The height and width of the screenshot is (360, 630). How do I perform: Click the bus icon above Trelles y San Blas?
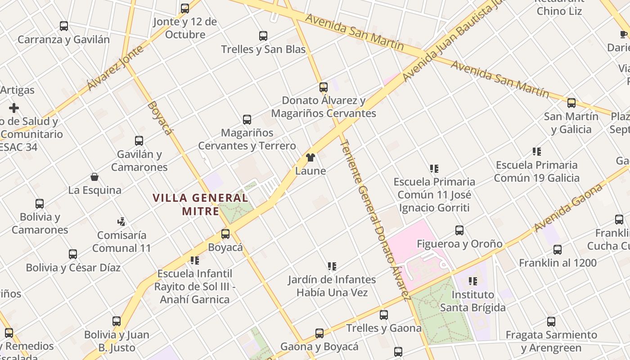pyautogui.click(x=263, y=36)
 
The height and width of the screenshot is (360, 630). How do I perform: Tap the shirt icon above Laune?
pyautogui.click(x=310, y=157)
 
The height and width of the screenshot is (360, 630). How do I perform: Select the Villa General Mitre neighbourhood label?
pyautogui.click(x=200, y=204)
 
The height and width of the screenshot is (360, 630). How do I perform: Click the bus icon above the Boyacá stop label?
pyautogui.click(x=225, y=234)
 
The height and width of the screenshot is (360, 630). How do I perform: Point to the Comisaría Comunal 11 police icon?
pyautogui.click(x=121, y=221)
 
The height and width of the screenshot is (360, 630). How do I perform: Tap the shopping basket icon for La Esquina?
pyautogui.click(x=94, y=177)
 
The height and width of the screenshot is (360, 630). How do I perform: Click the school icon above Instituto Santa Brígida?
pyautogui.click(x=472, y=281)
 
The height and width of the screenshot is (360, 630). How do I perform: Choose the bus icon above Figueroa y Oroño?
pyautogui.click(x=459, y=230)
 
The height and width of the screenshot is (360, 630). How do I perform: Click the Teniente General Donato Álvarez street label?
pyautogui.click(x=375, y=219)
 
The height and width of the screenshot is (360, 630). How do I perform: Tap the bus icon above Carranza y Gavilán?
pyautogui.click(x=64, y=26)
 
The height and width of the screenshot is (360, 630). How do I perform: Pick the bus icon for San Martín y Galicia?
pyautogui.click(x=571, y=103)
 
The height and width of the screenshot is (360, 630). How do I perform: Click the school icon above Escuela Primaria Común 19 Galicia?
pyautogui.click(x=536, y=152)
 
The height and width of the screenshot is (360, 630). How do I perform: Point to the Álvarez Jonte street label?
pyautogui.click(x=116, y=67)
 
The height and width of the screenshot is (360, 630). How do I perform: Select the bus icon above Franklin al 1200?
pyautogui.click(x=558, y=250)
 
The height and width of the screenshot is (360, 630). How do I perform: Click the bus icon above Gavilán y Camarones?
pyautogui.click(x=139, y=141)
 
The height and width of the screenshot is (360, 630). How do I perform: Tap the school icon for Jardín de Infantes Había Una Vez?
pyautogui.click(x=332, y=266)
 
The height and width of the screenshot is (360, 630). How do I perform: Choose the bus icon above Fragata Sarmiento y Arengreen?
pyautogui.click(x=551, y=322)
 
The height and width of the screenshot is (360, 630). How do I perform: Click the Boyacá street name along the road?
pyautogui.click(x=160, y=118)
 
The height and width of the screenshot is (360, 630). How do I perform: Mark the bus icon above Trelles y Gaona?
pyautogui.click(x=384, y=315)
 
